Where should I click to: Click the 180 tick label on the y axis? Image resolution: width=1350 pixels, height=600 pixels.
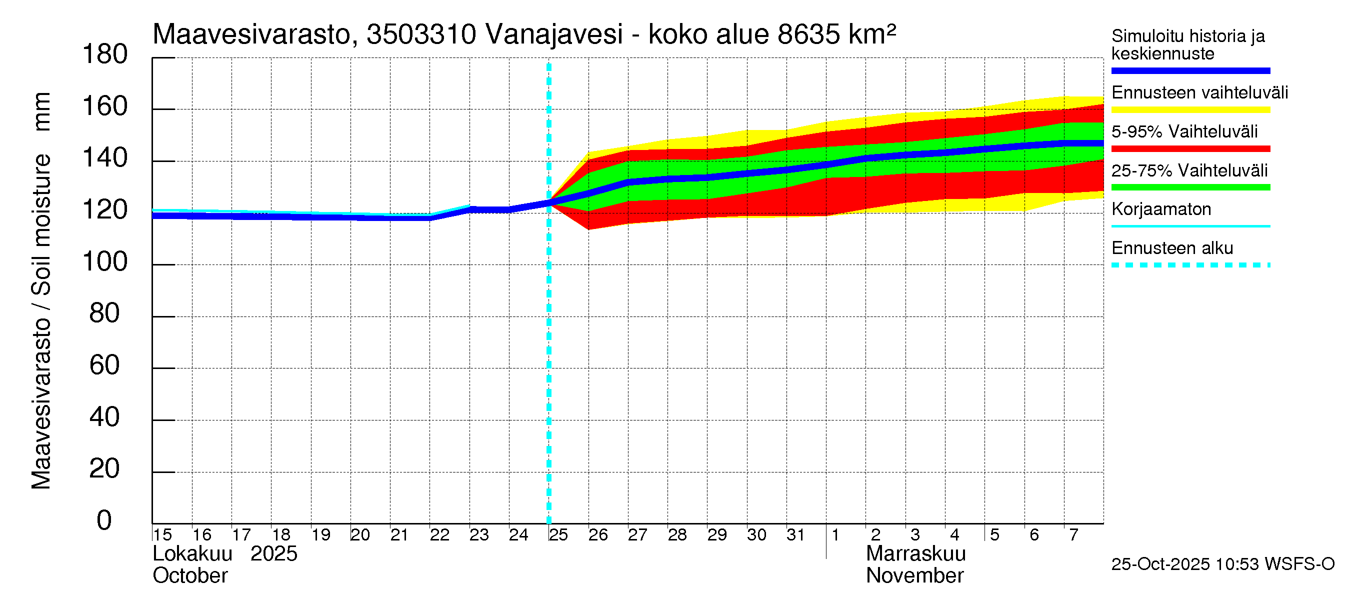coord(105,54)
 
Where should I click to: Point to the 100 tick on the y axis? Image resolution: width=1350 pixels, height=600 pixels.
coord(105,261)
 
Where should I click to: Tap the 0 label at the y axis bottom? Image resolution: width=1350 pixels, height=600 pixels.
coord(104,520)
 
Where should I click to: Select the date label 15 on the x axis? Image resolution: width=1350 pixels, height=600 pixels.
coord(162,535)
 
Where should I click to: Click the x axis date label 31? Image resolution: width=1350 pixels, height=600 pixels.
coord(795,535)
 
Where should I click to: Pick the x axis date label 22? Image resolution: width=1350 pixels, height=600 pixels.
coord(439,535)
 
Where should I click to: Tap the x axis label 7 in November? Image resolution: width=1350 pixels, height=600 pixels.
coord(1074,535)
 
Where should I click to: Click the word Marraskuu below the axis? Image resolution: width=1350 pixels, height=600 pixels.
coord(915,554)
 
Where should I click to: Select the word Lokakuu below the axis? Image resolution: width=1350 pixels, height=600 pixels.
coord(192,554)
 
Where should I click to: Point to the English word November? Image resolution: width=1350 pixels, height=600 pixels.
coord(914,576)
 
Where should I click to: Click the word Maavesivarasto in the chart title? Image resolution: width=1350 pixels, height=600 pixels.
coord(251,34)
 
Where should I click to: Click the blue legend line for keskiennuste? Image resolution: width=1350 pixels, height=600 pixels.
coord(1190,70)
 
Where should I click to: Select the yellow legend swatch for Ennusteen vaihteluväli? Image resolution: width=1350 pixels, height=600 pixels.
coord(1190,110)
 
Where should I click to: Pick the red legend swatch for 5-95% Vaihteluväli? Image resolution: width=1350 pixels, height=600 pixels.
coord(1190,149)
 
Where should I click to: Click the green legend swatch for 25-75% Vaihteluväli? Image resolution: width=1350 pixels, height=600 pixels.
coord(1190,187)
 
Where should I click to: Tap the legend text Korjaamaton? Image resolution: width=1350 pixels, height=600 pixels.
coord(1161,209)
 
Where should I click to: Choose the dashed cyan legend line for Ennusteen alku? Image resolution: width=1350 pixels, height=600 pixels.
coord(1190,265)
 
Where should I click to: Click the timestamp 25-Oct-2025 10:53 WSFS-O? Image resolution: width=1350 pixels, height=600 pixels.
coord(1222,564)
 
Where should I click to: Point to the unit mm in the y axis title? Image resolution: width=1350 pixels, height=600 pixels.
coord(42,111)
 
